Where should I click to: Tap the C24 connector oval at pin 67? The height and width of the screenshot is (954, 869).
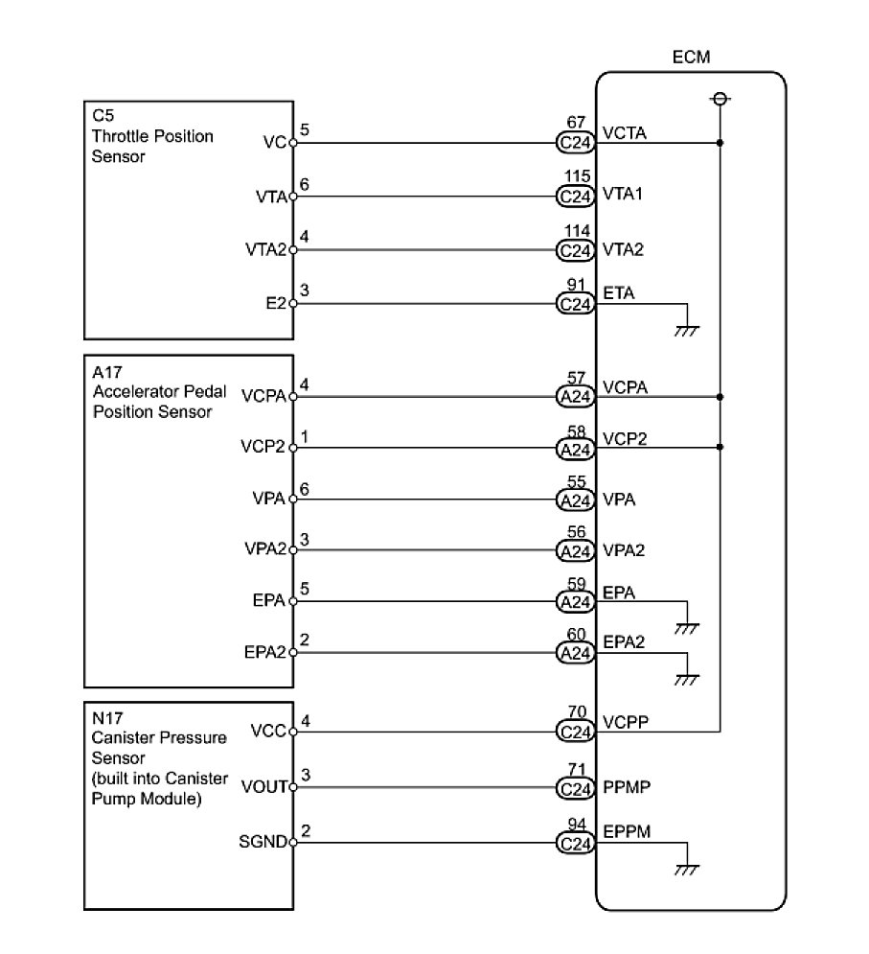point(575,144)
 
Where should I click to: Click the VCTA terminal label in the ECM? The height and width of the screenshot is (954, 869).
point(625,132)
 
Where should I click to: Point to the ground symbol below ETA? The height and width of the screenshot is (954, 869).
point(686,330)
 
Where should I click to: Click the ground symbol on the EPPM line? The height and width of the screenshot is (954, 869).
point(686,869)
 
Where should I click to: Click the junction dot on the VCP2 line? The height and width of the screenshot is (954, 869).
point(720,447)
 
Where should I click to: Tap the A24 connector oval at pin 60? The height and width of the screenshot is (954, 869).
point(575,654)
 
